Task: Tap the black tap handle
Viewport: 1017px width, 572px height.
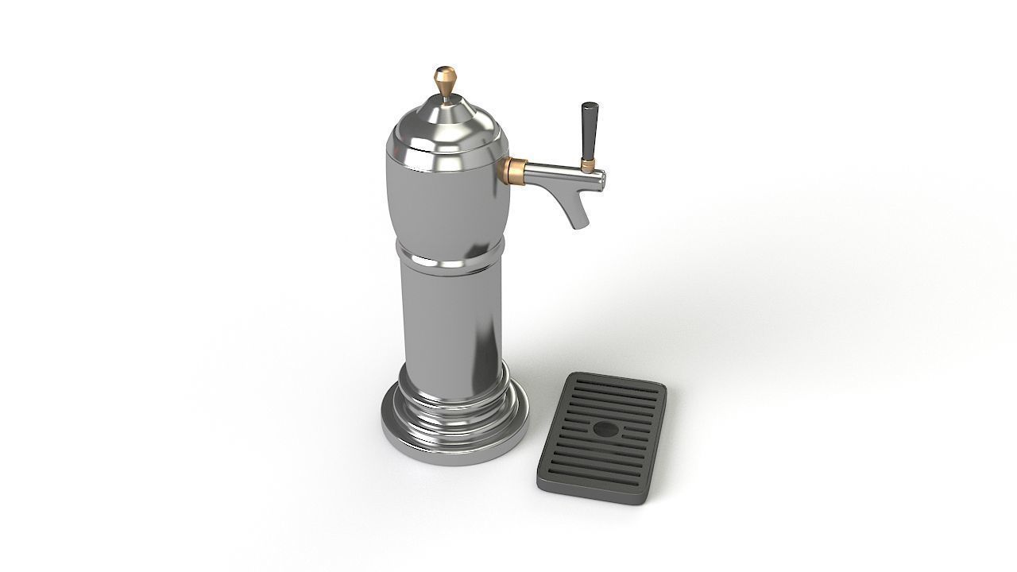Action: coord(589,132)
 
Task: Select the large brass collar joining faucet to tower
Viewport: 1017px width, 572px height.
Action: coord(512,168)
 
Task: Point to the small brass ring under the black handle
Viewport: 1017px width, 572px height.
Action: coord(588,164)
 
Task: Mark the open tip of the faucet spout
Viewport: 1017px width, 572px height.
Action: coord(578,226)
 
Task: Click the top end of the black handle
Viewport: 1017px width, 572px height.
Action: coord(589,106)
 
